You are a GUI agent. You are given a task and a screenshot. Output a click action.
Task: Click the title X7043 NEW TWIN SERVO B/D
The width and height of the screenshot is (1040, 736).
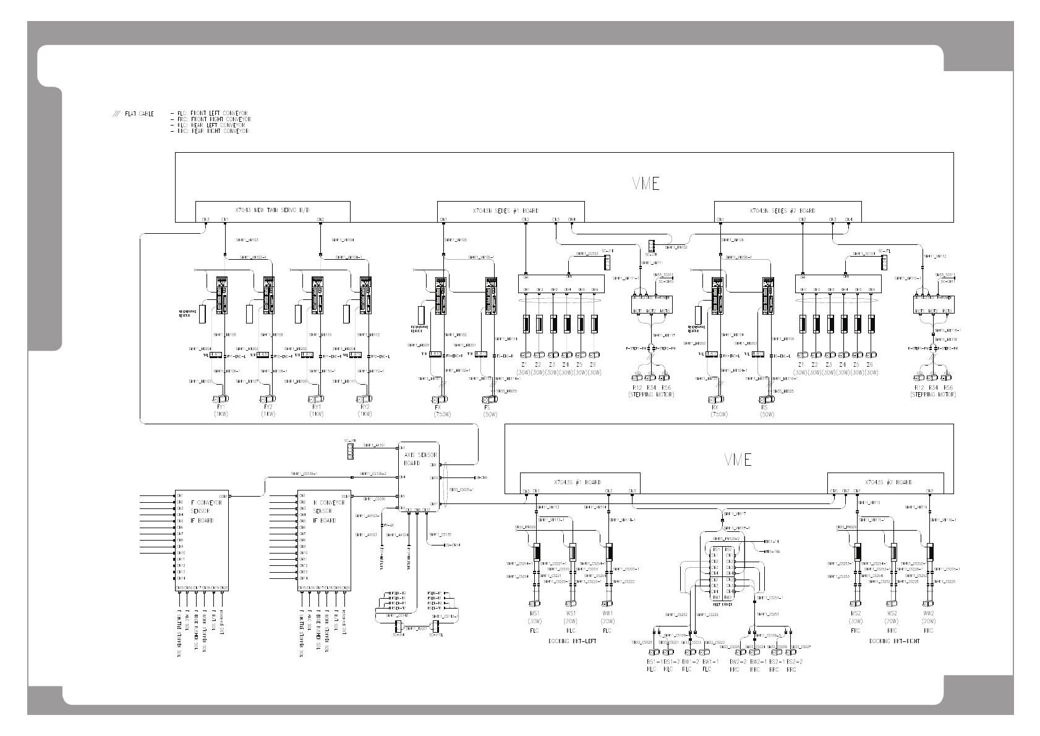click(x=273, y=210)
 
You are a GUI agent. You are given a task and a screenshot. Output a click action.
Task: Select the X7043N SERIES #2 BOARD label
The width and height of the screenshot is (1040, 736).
click(x=782, y=210)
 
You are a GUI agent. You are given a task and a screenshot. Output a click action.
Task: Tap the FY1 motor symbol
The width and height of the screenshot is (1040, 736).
click(x=220, y=398)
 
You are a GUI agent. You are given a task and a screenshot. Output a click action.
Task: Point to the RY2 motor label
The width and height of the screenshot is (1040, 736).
click(x=364, y=408)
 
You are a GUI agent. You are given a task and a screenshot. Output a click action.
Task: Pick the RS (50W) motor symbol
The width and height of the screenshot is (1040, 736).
click(x=766, y=399)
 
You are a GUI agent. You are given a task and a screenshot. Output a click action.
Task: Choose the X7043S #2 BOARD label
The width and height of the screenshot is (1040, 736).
click(x=888, y=482)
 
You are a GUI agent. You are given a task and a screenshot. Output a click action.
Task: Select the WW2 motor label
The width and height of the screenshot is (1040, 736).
click(x=928, y=613)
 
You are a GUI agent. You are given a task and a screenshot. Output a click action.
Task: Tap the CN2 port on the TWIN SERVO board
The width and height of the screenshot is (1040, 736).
click(x=320, y=220)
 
